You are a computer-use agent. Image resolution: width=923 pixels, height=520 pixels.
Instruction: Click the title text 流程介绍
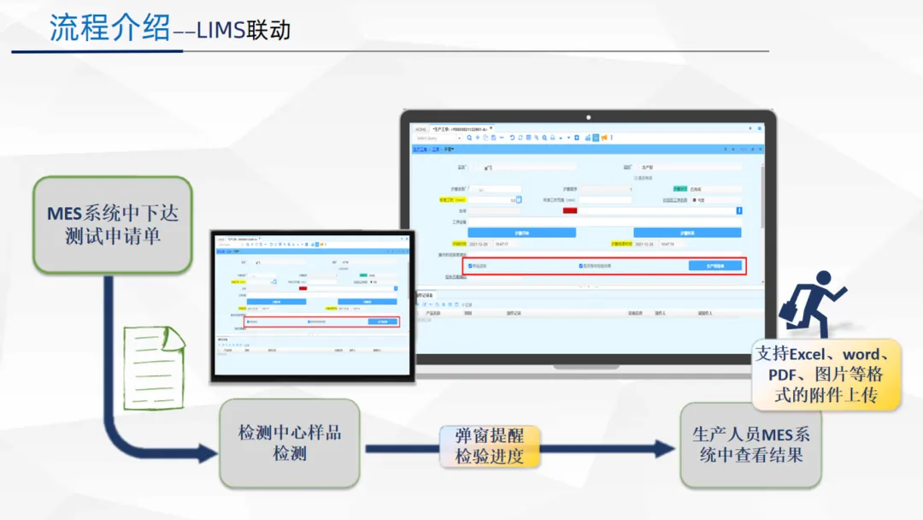tap(110, 28)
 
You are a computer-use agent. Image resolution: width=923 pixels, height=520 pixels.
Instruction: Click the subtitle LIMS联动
tap(244, 31)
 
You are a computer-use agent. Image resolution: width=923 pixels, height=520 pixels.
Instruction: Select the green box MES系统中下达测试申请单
tap(112, 225)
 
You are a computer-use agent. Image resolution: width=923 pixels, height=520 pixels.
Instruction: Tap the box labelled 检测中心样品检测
tap(289, 442)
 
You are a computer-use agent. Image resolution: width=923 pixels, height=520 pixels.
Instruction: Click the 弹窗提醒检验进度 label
tap(489, 446)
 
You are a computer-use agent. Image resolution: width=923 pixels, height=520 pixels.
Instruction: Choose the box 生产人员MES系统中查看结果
tap(751, 445)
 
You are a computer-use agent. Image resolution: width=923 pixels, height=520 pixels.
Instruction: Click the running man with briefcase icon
tap(811, 304)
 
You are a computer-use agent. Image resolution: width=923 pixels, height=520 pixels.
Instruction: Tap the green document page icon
tap(153, 362)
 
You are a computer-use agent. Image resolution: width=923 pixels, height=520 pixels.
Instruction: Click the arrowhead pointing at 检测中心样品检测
tap(208, 453)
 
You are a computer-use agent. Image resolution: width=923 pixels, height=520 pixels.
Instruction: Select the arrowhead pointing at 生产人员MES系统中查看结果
tap(664, 448)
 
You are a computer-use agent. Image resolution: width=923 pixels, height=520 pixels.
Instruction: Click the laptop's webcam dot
tap(588, 117)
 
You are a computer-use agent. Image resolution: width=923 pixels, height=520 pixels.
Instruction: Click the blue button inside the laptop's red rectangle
tap(714, 266)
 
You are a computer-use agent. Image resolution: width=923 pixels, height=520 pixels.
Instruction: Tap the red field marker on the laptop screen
tap(569, 210)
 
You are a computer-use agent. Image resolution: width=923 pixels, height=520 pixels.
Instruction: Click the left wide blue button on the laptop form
tap(521, 233)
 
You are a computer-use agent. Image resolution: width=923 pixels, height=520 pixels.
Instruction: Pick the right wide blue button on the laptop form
tap(686, 233)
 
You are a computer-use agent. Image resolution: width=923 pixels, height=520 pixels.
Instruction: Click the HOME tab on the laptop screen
tap(421, 129)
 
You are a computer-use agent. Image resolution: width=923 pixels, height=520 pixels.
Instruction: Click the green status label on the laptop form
tap(679, 189)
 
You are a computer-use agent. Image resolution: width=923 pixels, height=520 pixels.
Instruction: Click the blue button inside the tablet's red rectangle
tap(382, 322)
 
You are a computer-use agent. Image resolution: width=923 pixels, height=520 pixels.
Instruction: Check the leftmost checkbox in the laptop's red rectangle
tap(470, 266)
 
